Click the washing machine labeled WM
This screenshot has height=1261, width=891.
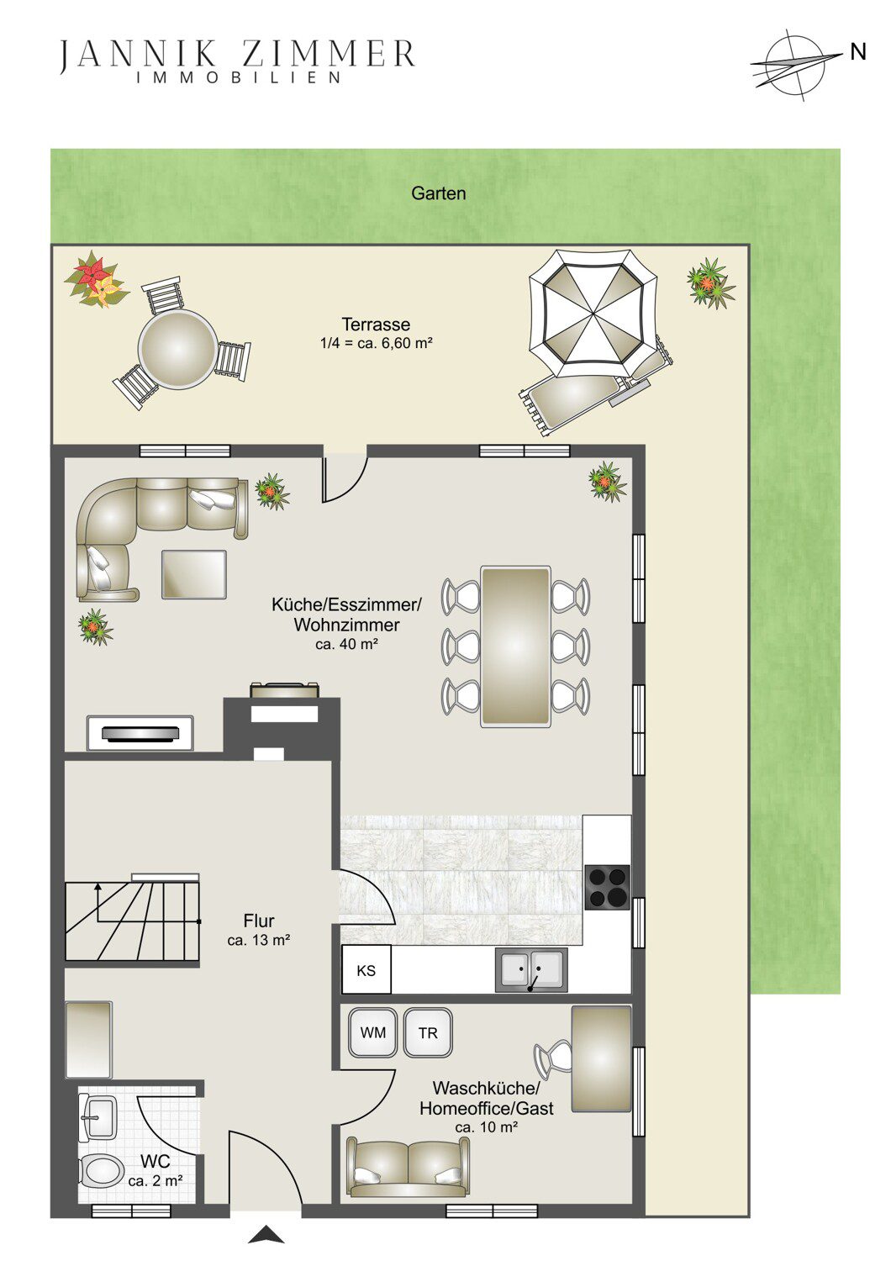coord(373,1032)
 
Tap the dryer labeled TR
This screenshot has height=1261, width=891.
coord(428,1032)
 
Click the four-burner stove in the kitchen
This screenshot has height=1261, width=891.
coord(608,887)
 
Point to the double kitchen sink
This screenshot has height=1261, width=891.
coord(531,969)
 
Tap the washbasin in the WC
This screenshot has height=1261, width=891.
coord(98,1116)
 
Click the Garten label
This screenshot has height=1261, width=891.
coord(439,193)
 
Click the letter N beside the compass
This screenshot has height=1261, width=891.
coord(857,52)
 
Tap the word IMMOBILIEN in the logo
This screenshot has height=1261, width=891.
coord(240,77)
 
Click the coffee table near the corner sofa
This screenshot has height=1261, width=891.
coord(194,574)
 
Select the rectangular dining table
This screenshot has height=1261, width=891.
coord(515,646)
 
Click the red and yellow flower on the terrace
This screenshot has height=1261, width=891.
coord(97,280)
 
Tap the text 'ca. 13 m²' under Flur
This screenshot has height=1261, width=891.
coord(259,940)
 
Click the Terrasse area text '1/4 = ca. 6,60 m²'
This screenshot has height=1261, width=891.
coord(376,343)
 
